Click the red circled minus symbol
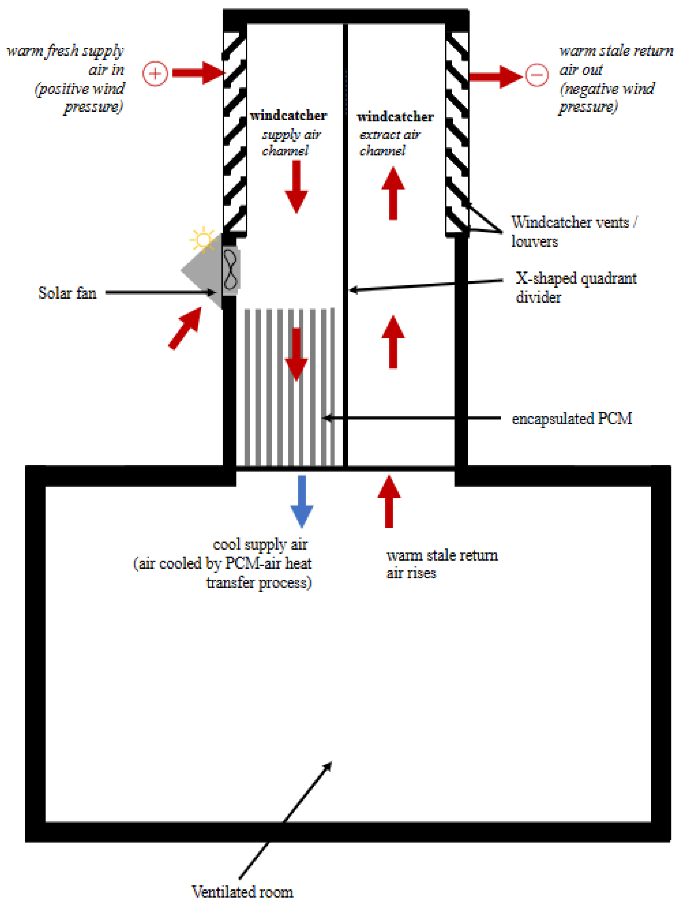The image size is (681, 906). tap(536, 75)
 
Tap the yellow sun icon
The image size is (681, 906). tap(203, 240)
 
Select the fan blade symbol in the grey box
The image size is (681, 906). tap(230, 270)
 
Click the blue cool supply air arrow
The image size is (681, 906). tap(302, 501)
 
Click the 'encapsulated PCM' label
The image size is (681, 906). tap(572, 418)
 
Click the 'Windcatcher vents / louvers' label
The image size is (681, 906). tap(573, 232)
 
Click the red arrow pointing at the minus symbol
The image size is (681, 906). tap(495, 76)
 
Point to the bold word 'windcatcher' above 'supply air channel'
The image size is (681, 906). tap(289, 116)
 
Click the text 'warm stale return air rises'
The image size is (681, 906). tap(441, 564)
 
